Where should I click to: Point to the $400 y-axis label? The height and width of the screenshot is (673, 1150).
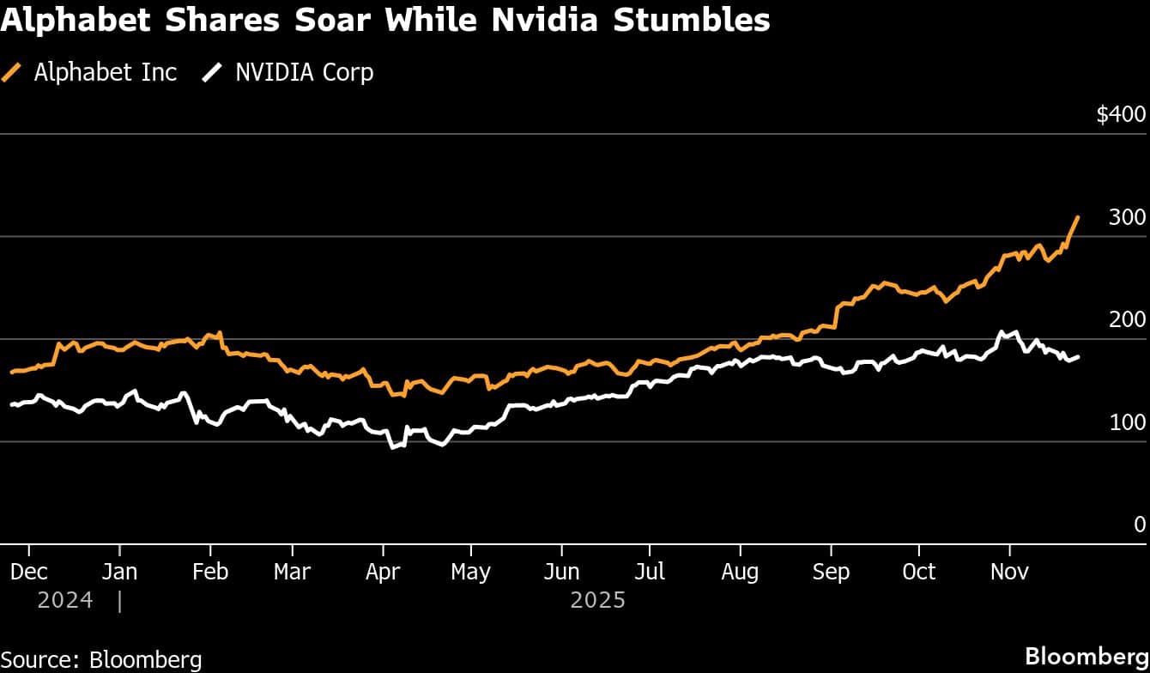(1121, 115)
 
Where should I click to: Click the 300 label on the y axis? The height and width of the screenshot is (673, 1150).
(1127, 217)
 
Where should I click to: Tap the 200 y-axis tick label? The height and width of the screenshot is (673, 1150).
(1127, 320)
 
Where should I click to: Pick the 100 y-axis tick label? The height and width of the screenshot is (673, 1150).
(1127, 422)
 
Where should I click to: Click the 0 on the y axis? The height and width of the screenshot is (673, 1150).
(1140, 524)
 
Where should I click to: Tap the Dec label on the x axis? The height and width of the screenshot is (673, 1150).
(29, 572)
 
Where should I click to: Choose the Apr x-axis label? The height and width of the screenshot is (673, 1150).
(383, 572)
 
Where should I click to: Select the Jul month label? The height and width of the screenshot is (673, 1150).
(650, 572)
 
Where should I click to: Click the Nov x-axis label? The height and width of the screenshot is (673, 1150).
(1009, 572)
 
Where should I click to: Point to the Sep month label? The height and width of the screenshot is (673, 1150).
(830, 572)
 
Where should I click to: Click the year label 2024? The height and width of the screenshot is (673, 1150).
(65, 600)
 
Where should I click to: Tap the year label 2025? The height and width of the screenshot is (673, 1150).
(598, 600)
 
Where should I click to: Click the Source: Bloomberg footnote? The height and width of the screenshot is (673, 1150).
(101, 659)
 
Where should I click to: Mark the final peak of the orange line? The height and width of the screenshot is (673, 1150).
(1078, 217)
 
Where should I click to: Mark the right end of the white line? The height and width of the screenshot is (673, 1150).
(1078, 356)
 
